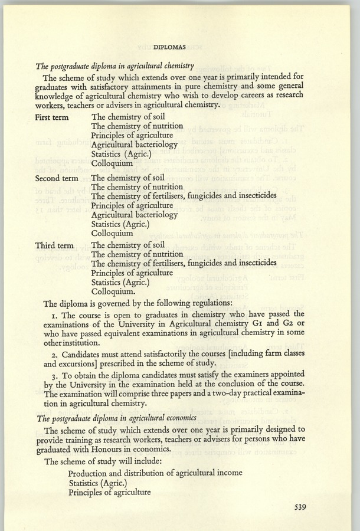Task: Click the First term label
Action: pyautogui.click(x=52, y=117)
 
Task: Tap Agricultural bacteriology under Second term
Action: pyautogui.click(x=135, y=215)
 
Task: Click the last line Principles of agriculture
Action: pyautogui.click(x=110, y=491)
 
